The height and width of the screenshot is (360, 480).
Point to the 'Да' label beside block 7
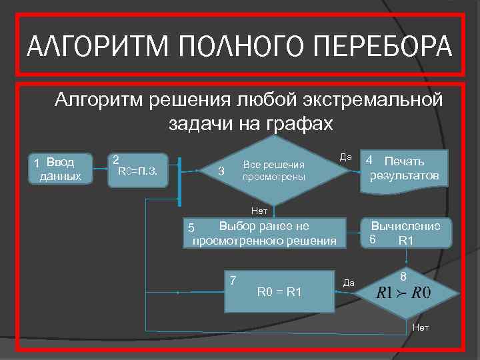point(349,283)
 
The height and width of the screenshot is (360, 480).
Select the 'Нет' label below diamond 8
point(421,327)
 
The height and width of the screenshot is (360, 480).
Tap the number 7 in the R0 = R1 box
point(233,279)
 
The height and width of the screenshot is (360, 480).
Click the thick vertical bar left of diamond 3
point(179,181)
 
